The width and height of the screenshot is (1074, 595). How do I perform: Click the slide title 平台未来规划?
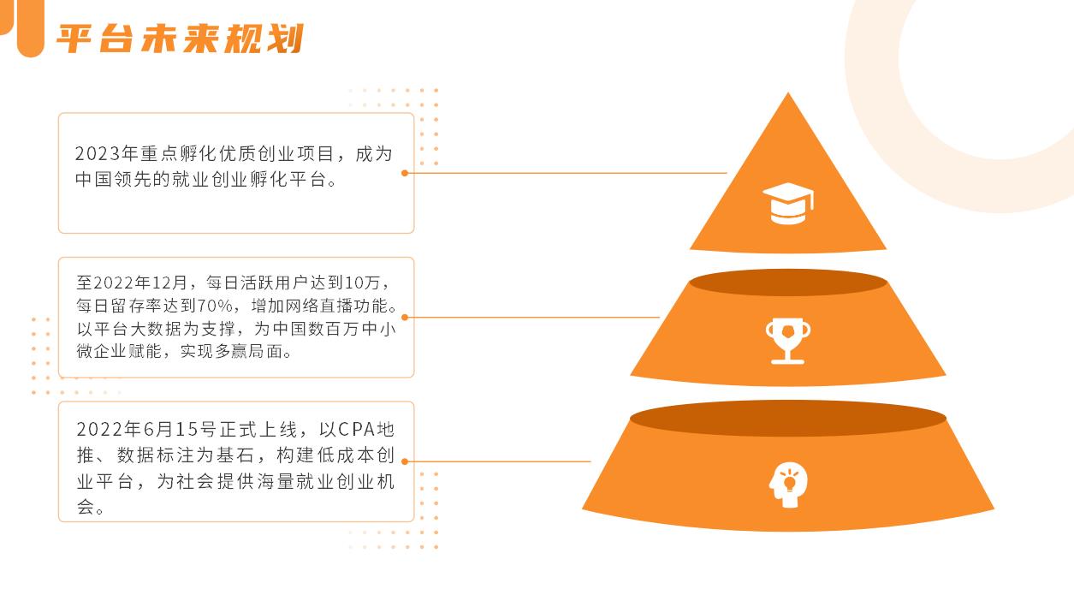181,39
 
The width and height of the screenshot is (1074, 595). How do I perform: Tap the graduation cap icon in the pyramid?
787,204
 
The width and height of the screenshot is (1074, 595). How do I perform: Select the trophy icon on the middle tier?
787,341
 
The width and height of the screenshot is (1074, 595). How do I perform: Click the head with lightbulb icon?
787,485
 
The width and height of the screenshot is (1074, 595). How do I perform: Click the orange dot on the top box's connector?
405,173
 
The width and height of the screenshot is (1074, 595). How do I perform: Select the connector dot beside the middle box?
405,317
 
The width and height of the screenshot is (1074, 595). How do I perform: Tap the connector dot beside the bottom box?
405,461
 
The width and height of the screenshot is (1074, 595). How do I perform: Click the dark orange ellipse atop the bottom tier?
787,419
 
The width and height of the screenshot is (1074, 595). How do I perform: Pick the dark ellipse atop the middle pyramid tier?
787,283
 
